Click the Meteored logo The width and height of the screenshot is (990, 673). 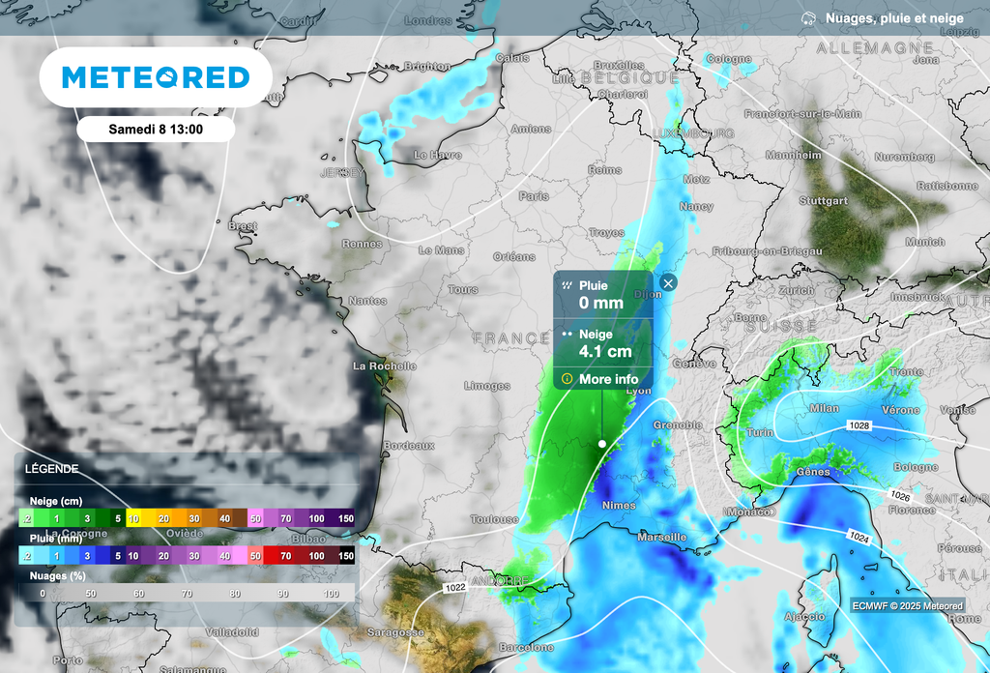155,77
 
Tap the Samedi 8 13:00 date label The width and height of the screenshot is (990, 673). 156,129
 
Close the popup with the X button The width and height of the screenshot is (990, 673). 668,283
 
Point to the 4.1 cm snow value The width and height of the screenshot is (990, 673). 605,351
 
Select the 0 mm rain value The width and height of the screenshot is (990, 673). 600,303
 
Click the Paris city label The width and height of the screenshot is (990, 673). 533,196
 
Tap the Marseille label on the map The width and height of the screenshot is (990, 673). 662,537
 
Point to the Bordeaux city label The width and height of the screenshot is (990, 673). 409,446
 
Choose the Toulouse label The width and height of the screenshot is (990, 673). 494,519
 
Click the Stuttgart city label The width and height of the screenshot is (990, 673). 824,201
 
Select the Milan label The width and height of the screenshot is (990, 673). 825,408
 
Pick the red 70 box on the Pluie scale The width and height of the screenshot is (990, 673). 285,556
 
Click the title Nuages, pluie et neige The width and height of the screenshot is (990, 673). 894,18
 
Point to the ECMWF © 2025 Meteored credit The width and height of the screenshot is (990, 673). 907,606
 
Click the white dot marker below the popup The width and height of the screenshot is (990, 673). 602,444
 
